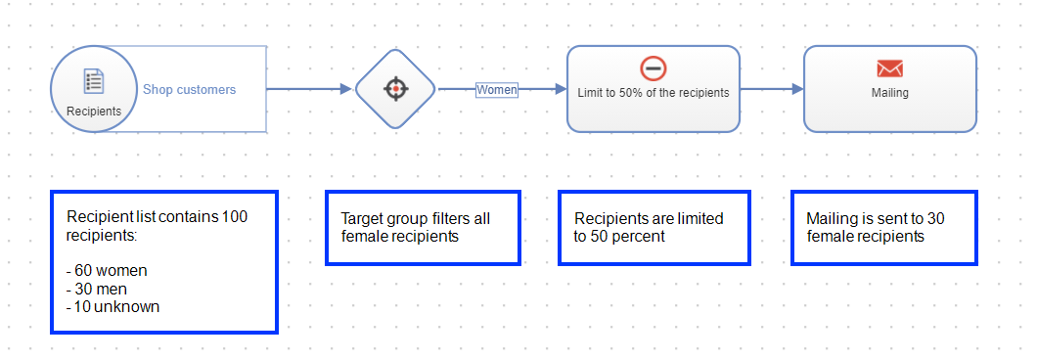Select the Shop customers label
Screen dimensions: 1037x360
190,89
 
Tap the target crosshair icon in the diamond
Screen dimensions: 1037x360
395,89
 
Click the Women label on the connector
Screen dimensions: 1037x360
497,89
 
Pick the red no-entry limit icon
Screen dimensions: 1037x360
653,68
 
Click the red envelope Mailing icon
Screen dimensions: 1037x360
889,68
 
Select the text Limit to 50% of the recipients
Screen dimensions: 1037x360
654,93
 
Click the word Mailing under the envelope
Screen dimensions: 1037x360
889,93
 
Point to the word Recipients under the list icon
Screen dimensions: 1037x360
94,111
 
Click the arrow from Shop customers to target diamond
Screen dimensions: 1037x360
308,89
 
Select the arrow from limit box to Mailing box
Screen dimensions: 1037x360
771,89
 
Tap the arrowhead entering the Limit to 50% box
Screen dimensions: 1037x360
561,89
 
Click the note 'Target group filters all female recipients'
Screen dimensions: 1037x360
423,227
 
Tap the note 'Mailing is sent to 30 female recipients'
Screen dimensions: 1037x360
884,227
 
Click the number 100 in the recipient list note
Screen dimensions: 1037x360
235,216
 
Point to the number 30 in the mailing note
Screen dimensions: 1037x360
936,218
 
